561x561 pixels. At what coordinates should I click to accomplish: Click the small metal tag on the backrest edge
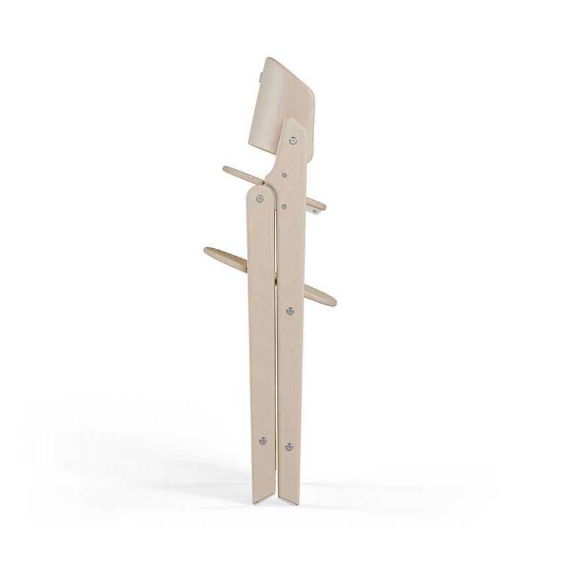point(263,72)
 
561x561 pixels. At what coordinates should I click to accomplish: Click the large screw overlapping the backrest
point(293,140)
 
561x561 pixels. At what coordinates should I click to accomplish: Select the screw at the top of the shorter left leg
point(261,197)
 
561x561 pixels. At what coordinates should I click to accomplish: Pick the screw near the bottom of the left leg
point(263,440)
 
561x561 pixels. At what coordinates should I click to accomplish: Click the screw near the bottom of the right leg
point(288,447)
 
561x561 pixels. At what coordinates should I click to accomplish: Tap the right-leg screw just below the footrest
point(290,310)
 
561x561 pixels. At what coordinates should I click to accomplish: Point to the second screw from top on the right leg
point(284,176)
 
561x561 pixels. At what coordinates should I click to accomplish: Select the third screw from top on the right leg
point(284,206)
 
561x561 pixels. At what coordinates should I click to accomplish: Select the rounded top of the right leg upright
point(293,125)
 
